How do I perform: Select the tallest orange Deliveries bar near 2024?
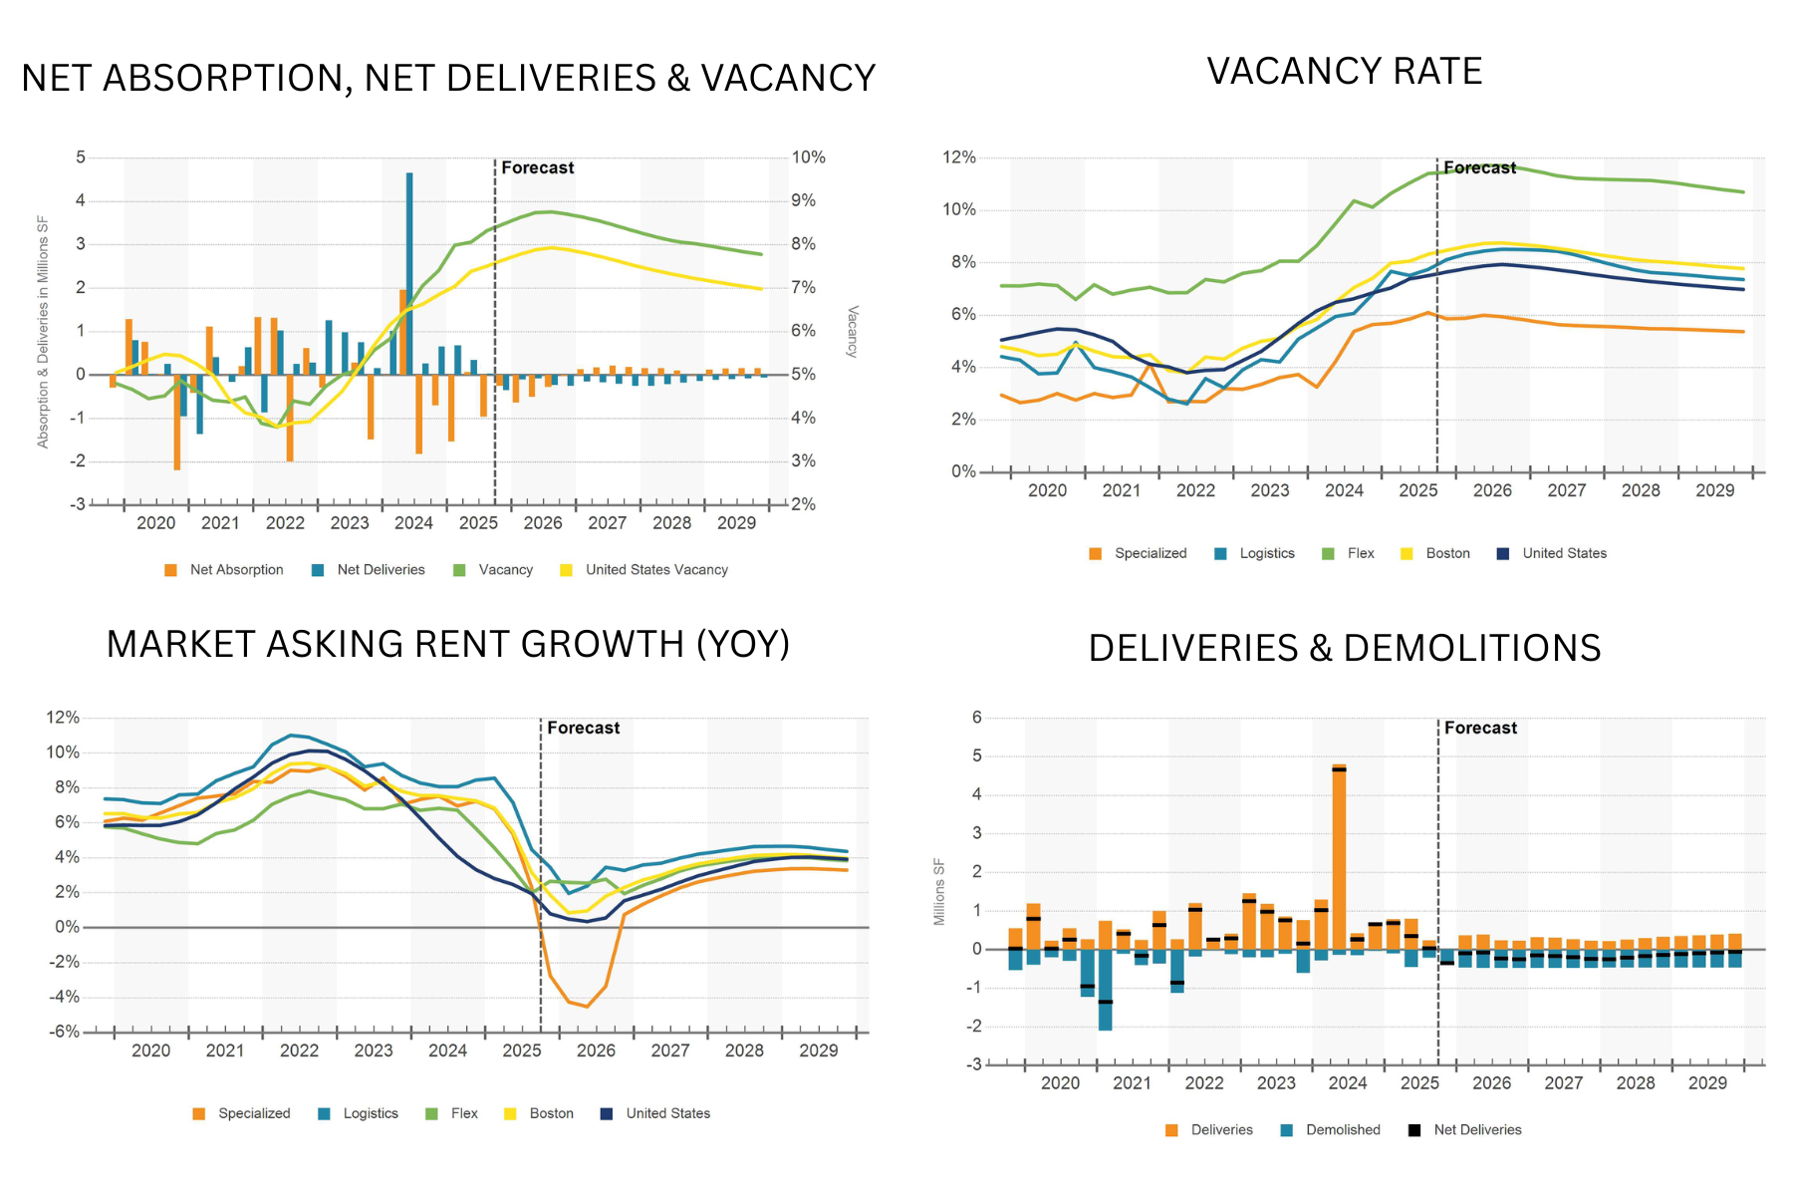[1339, 857]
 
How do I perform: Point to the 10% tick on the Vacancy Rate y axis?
[959, 209]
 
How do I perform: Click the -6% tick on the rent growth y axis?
[64, 1032]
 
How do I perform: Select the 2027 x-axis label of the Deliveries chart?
[1563, 1083]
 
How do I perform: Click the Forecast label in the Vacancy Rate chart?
[1480, 167]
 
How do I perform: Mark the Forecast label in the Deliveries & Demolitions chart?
[1480, 728]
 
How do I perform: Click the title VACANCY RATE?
[1345, 72]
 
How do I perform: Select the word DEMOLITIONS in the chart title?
[1472, 648]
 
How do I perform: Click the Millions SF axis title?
[939, 892]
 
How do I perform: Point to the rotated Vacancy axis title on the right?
[852, 331]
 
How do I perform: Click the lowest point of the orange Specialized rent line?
[587, 1007]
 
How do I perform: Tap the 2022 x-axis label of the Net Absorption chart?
[285, 523]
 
